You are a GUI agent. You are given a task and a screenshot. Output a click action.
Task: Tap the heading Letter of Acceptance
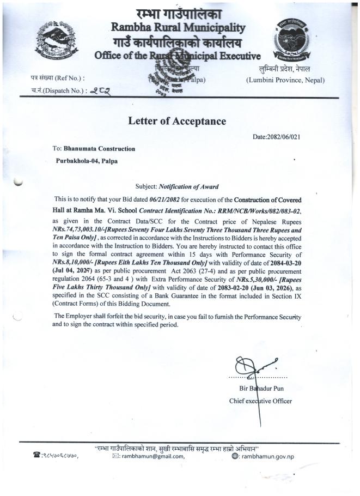[176, 121]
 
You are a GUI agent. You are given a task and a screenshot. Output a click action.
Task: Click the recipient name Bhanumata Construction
[99, 148]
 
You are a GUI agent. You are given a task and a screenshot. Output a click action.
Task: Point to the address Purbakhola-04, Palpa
[87, 161]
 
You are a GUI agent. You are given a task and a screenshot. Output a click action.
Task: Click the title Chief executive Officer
[260, 401]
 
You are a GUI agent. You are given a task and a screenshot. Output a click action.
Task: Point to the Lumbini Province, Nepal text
[285, 80]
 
